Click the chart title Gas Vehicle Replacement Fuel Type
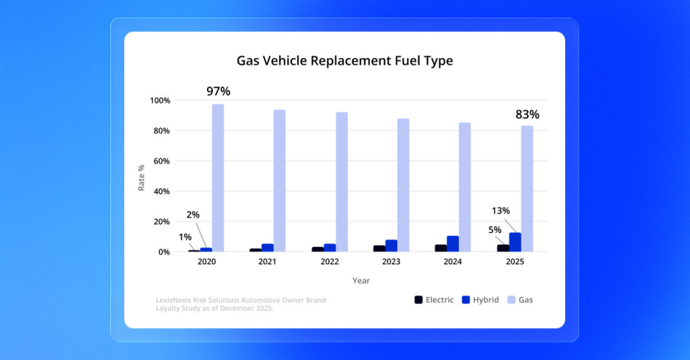(x=344, y=61)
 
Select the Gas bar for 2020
(x=218, y=178)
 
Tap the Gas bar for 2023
(x=403, y=185)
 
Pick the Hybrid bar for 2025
(x=515, y=242)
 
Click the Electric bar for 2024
(x=441, y=248)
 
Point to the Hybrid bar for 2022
(x=330, y=247)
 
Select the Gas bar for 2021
(x=280, y=181)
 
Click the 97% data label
(x=218, y=91)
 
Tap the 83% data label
(x=527, y=115)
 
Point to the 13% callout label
(x=500, y=211)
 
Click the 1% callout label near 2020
(x=185, y=237)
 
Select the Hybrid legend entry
(x=481, y=300)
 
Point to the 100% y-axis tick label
(x=159, y=100)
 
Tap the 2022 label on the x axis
(x=330, y=262)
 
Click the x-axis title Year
(x=361, y=281)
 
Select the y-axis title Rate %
(x=142, y=177)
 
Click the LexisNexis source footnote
(x=240, y=304)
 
